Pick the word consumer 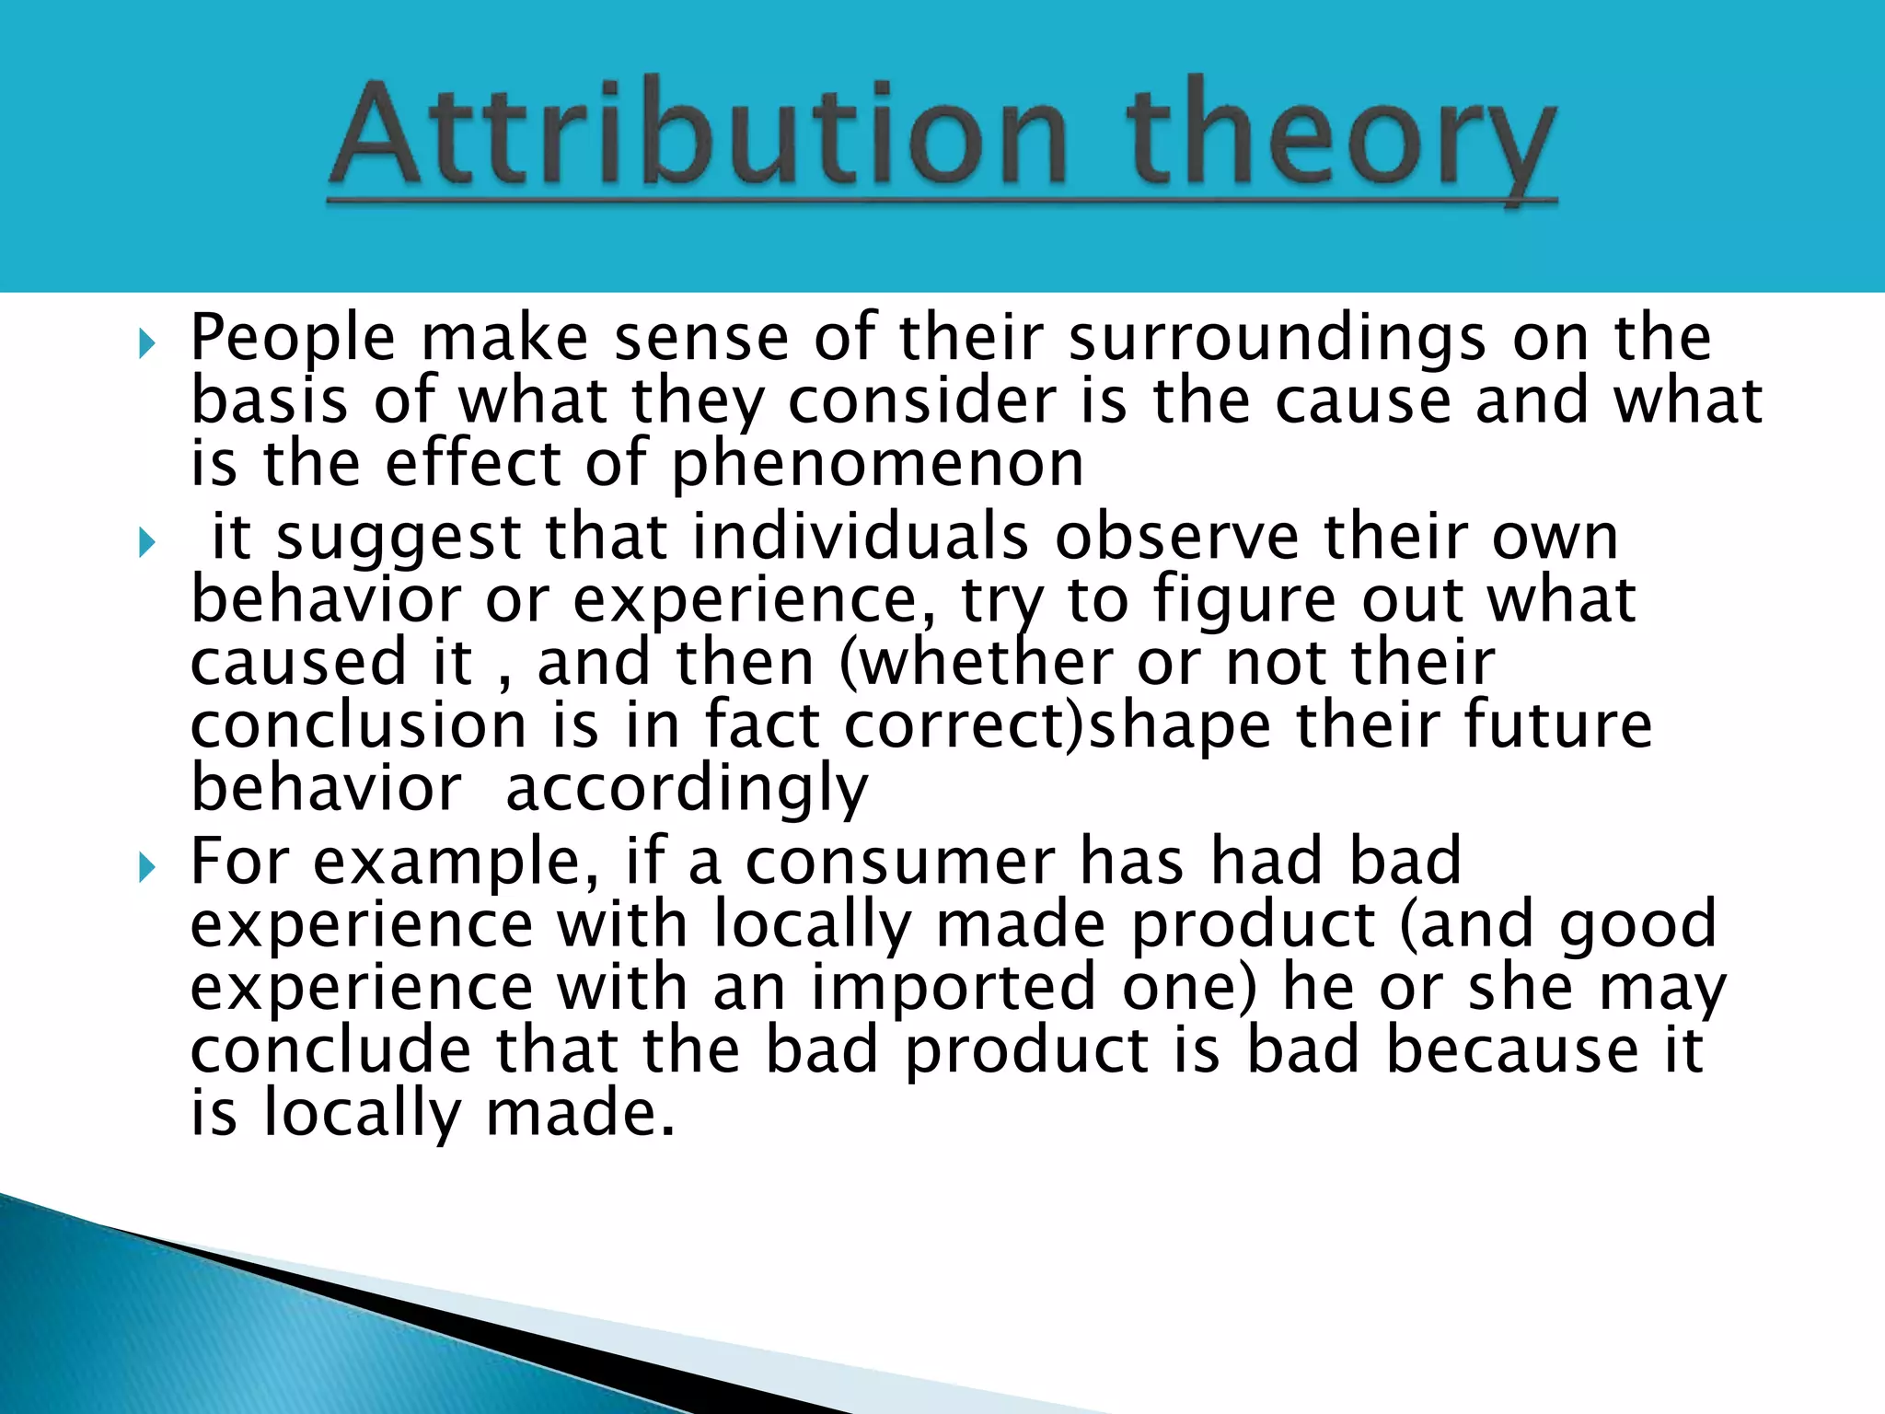click(x=900, y=863)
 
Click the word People click(x=293, y=339)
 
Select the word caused click(x=298, y=663)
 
